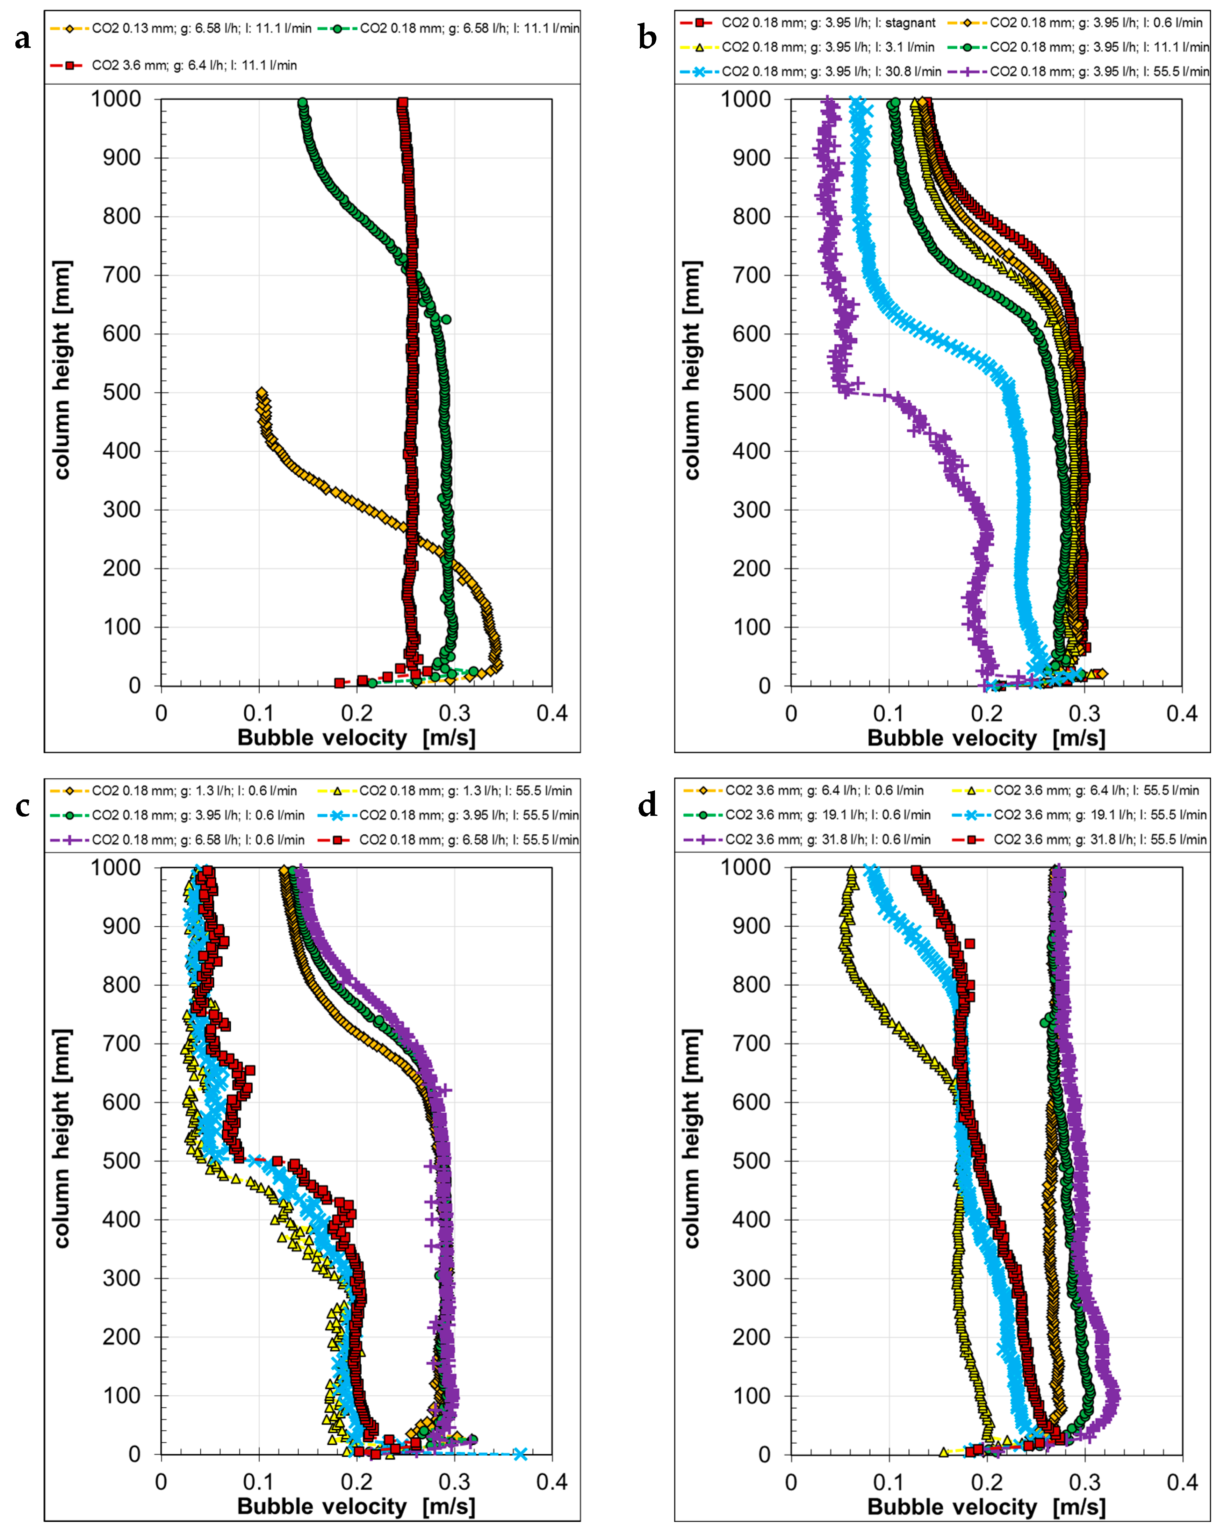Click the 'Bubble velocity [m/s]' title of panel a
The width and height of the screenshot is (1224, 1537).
point(357,737)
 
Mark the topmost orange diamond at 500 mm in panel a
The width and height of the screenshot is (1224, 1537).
point(262,393)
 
